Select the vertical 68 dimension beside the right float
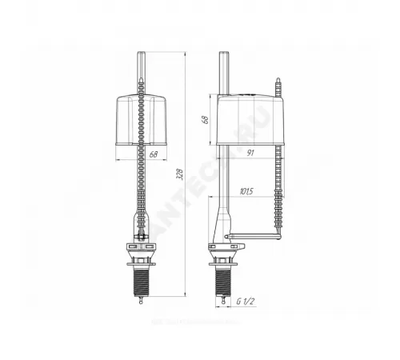[x=205, y=119]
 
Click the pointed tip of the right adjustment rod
[x=279, y=80]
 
